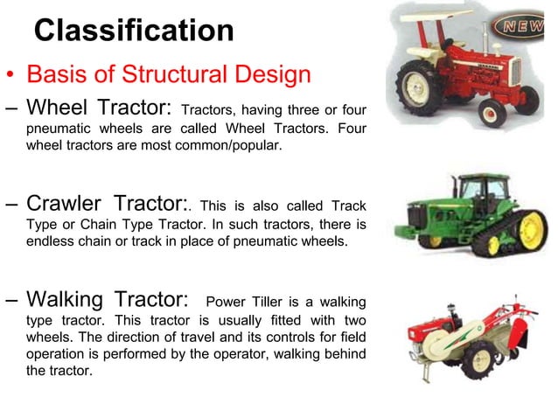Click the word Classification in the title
[x=134, y=31]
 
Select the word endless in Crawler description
[x=49, y=241]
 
